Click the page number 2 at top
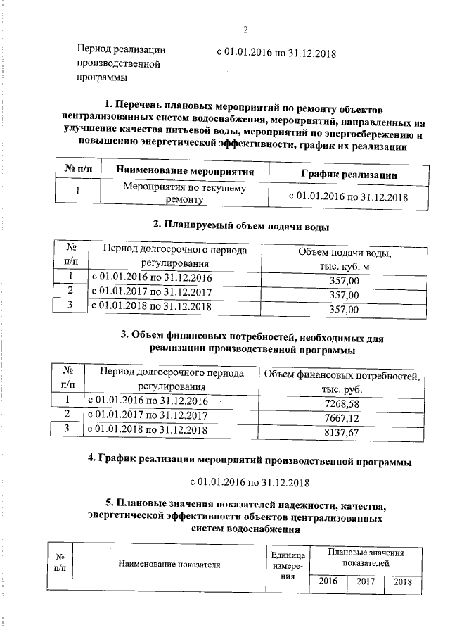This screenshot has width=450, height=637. click(x=245, y=30)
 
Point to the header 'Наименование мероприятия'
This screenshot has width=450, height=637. click(x=184, y=172)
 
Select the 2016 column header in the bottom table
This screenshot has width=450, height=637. click(x=328, y=581)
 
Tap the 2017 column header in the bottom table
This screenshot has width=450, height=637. click(x=366, y=581)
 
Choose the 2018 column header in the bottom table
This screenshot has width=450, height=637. click(x=403, y=581)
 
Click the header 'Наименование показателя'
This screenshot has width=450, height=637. click(x=169, y=564)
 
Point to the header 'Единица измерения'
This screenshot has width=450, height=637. click(x=287, y=565)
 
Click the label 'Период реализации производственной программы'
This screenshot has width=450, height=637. click(x=122, y=63)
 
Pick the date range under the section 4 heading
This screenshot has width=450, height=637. click(x=250, y=482)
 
